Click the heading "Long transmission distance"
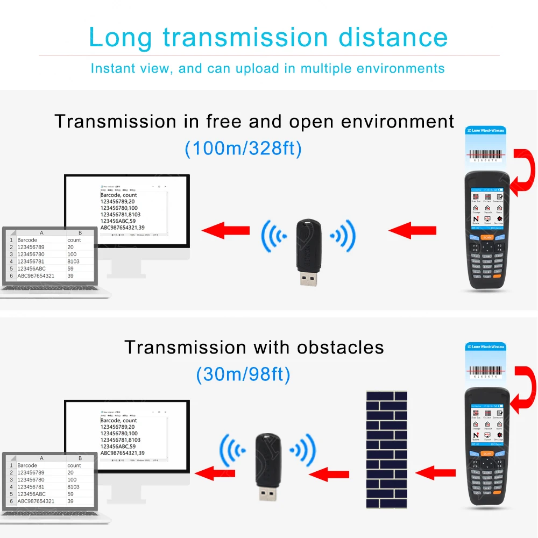pos(268,37)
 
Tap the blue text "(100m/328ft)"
pos(243,148)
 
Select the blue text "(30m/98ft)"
pos(243,373)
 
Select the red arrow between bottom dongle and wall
pos(330,474)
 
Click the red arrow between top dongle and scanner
pos(412,231)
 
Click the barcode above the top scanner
pos(486,153)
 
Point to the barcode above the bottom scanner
pos(486,371)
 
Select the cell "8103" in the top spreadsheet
pos(74,261)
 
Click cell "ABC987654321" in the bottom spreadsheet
pos(36,501)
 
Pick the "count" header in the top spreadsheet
pos(74,240)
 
